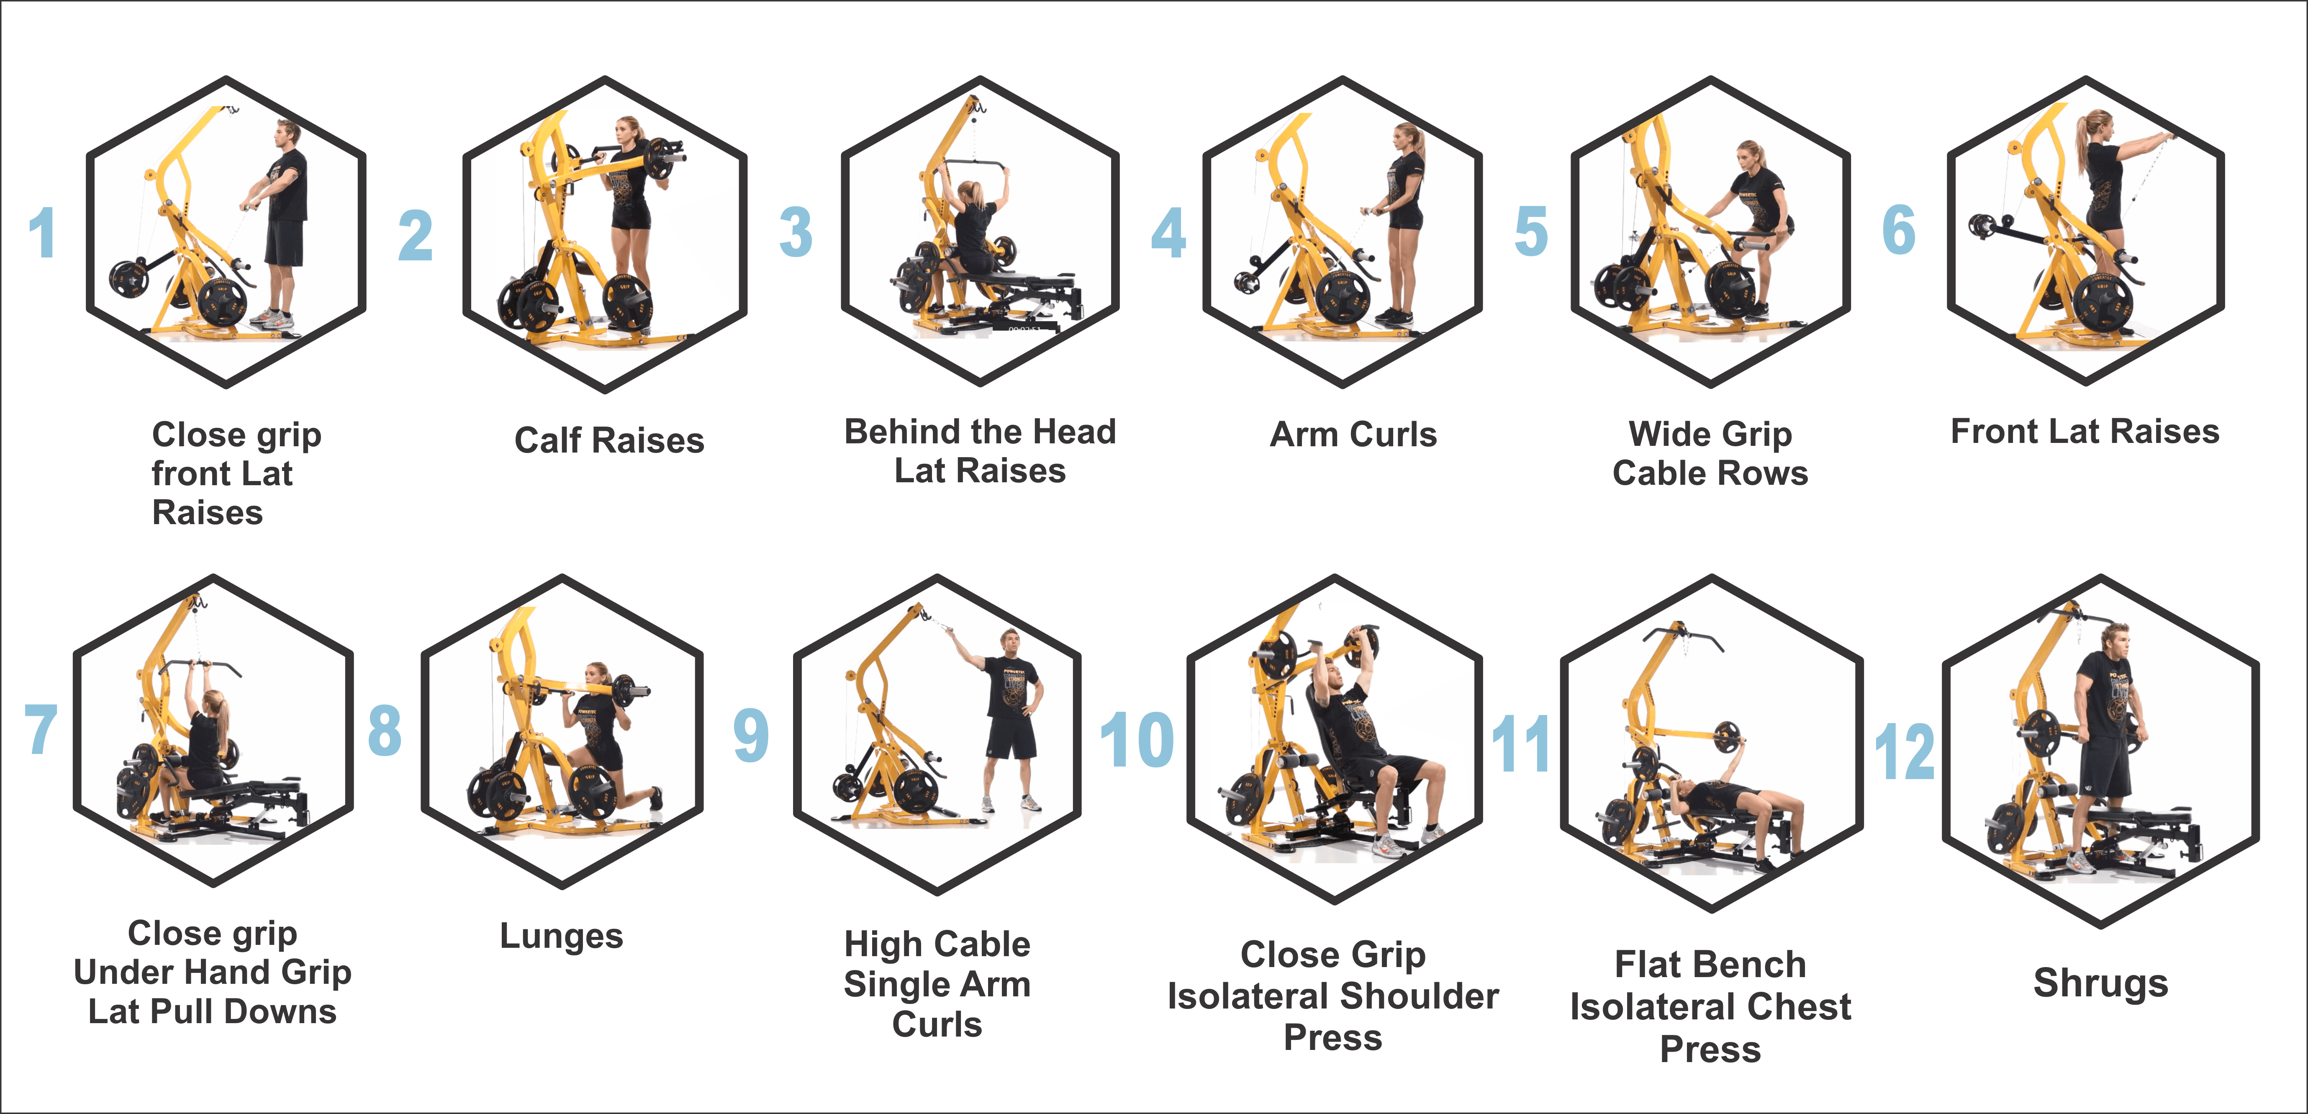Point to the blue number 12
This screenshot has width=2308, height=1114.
1905,751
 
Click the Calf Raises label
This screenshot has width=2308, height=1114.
609,440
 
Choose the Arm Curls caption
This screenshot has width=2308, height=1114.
1353,435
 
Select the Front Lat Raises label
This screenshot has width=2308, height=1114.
2085,431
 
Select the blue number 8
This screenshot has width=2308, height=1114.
384,730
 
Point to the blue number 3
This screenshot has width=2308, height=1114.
796,231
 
